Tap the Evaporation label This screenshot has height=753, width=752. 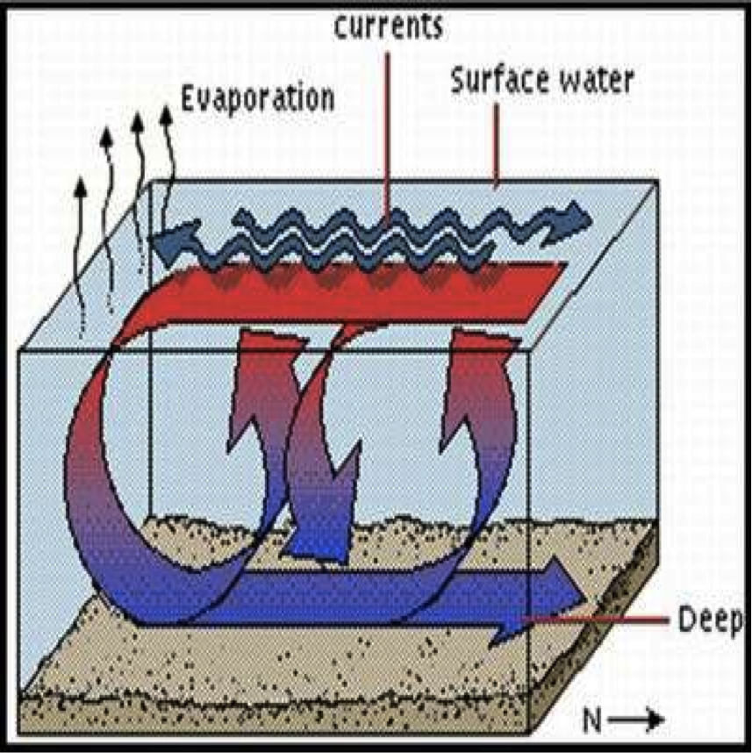pyautogui.click(x=257, y=98)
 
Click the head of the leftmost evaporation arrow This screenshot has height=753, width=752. pyautogui.click(x=80, y=185)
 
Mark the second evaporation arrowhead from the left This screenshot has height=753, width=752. pyautogui.click(x=106, y=136)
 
